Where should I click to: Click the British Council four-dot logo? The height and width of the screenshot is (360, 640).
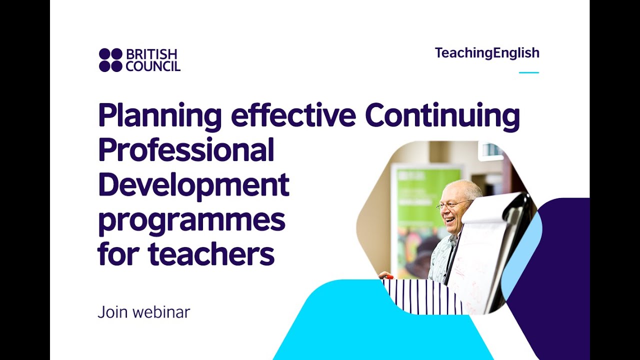110,60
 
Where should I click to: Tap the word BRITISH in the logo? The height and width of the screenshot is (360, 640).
151,54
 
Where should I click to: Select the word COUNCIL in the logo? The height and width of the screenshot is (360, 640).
153,66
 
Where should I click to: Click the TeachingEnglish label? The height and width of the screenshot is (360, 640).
487,53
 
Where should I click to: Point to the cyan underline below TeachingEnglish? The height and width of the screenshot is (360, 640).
528,72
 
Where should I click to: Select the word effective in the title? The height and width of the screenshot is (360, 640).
293,115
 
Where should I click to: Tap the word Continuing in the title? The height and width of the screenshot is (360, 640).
442,116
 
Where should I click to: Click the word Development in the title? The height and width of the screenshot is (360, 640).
193,185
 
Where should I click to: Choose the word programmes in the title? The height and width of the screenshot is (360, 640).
191,220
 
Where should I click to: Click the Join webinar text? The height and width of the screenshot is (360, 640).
144,312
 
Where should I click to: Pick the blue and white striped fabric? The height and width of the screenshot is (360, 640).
420,296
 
